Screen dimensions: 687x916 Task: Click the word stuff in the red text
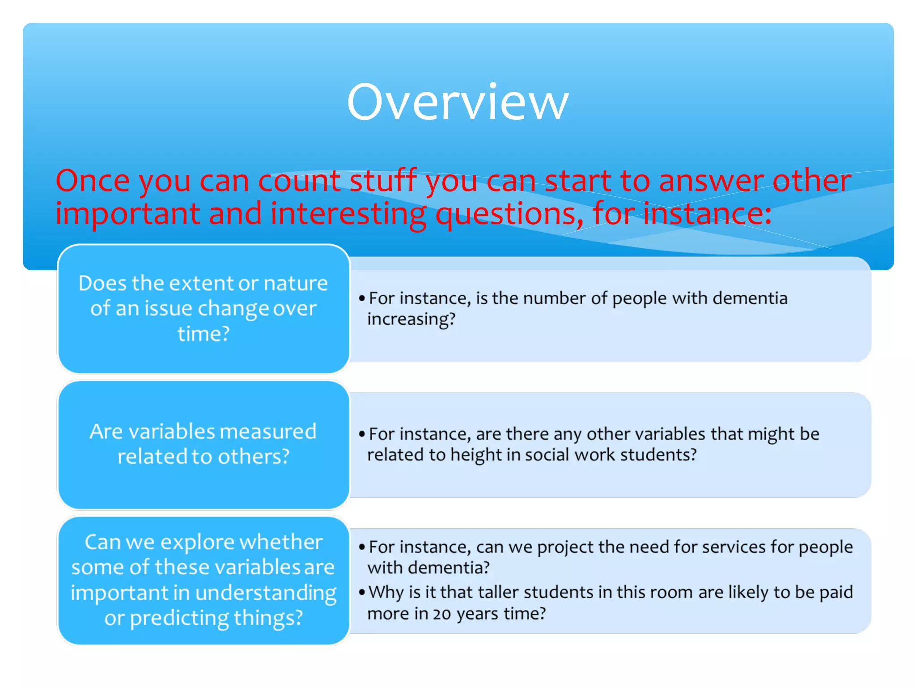pyautogui.click(x=383, y=181)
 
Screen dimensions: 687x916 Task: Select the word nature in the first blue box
pyautogui.click(x=296, y=284)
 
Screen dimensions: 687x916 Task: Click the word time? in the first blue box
pyautogui.click(x=204, y=334)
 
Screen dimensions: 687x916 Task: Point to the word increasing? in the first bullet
pyautogui.click(x=411, y=319)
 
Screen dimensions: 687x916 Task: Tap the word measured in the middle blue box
pyautogui.click(x=268, y=432)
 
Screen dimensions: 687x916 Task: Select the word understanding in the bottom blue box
pyautogui.click(x=266, y=593)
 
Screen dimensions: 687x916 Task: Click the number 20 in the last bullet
pyautogui.click(x=441, y=614)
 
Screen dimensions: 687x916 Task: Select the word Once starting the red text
pyautogui.click(x=93, y=181)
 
